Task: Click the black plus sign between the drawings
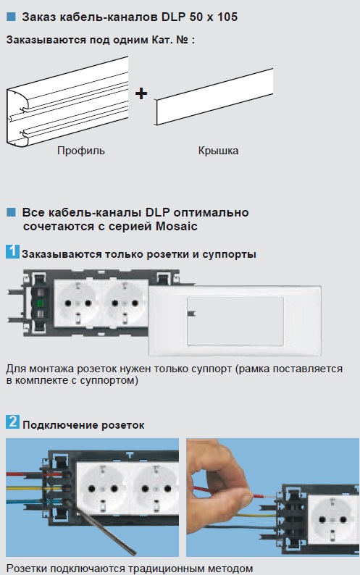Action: tap(141, 93)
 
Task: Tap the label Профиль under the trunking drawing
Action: tap(80, 151)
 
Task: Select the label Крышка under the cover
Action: tap(218, 151)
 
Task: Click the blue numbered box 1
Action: tap(12, 251)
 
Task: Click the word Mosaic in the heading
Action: tap(177, 226)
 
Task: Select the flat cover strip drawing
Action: tap(214, 97)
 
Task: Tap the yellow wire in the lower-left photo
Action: tap(33, 488)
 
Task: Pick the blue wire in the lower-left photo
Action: tap(33, 502)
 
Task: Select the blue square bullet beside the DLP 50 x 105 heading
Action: tap(12, 17)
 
